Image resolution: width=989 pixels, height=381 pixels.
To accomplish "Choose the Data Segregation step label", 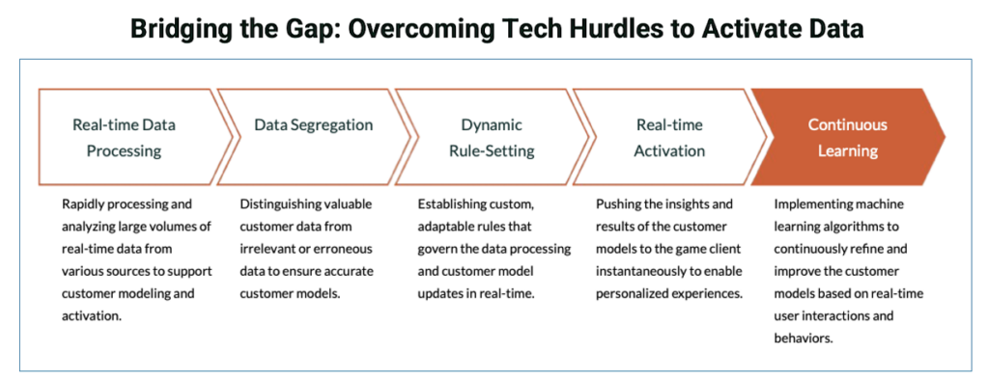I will pyautogui.click(x=313, y=125).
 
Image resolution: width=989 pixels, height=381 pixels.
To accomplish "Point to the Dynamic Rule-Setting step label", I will pyautogui.click(x=491, y=138).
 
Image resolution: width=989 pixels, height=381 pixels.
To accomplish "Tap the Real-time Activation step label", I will pyautogui.click(x=669, y=138).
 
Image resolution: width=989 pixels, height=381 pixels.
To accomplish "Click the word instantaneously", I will pyautogui.click(x=640, y=271).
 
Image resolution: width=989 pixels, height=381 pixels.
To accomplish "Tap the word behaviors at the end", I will pyautogui.click(x=806, y=338).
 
